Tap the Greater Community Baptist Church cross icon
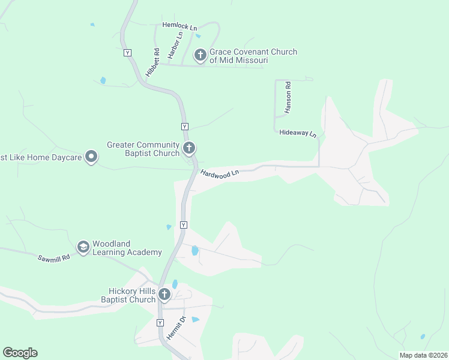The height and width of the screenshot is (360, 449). (x=189, y=148)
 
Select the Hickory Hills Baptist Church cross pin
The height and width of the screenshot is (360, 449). (x=164, y=295)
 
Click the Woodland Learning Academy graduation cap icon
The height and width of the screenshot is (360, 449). (x=83, y=247)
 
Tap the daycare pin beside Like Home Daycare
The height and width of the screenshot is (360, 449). (x=91, y=157)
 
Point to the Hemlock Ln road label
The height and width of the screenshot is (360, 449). (x=179, y=27)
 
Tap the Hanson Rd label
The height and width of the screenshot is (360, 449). (x=288, y=97)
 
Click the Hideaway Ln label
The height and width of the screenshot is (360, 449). (x=298, y=133)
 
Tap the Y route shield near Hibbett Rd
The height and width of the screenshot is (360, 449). (x=127, y=53)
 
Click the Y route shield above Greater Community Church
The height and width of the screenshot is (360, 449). (x=185, y=127)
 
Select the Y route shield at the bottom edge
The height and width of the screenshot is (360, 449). (x=160, y=323)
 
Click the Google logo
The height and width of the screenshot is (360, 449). (x=20, y=353)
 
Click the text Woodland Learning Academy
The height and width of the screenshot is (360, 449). (x=127, y=248)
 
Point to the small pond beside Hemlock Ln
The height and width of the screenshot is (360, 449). (x=198, y=36)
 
